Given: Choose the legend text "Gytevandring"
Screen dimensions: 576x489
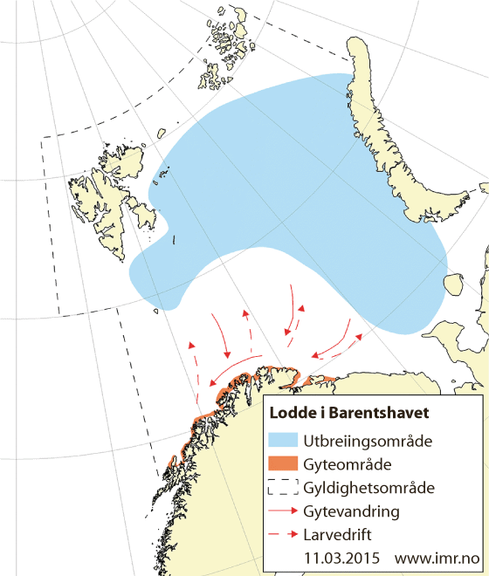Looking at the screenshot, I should (353, 509).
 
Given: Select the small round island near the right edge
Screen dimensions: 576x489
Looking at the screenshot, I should (452, 285).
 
